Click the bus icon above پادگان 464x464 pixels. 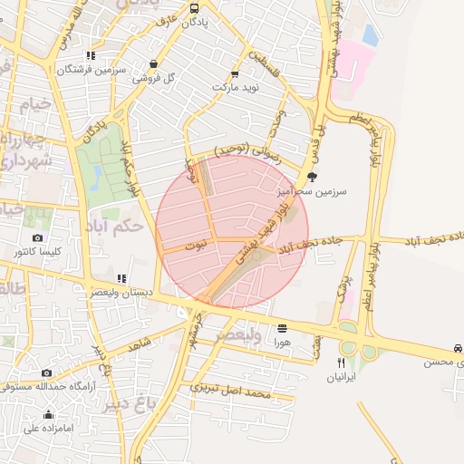pos(195,8)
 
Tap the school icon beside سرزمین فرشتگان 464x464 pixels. pos(90,55)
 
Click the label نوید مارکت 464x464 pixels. pos(236,87)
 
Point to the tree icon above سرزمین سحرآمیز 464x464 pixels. pos(313,178)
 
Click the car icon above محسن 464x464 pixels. pos(459,349)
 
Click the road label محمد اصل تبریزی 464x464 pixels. pos(232,391)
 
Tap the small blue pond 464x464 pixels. pos(370,34)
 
